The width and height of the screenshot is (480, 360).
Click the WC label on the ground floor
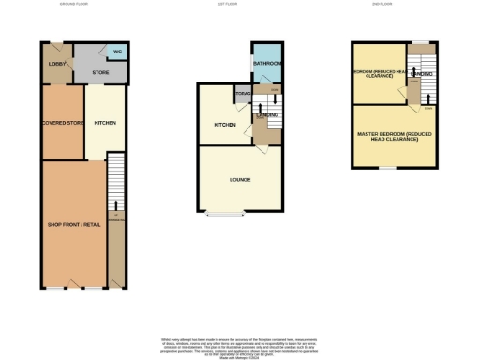click(x=118, y=52)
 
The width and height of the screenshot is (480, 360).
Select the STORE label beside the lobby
click(x=101, y=71)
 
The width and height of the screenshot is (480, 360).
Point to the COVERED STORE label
click(x=62, y=122)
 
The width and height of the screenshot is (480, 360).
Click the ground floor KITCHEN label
click(x=104, y=122)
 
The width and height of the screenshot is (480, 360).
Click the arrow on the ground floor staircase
click(x=115, y=203)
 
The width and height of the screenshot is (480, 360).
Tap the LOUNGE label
click(x=240, y=179)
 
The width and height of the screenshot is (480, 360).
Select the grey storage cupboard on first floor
click(x=244, y=93)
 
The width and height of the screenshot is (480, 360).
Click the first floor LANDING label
click(x=267, y=114)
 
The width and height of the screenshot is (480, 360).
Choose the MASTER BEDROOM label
click(x=394, y=137)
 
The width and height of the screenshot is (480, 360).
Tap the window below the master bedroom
click(x=387, y=169)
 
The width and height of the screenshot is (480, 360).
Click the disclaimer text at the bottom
click(x=240, y=344)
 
